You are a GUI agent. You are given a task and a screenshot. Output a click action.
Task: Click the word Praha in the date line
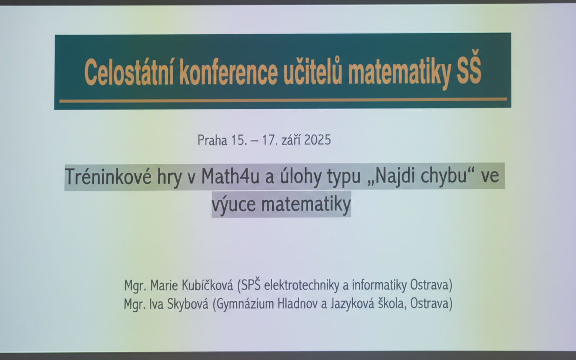[212, 140]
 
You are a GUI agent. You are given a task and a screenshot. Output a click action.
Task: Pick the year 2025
[317, 140]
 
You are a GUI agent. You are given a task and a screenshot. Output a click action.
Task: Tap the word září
[290, 140]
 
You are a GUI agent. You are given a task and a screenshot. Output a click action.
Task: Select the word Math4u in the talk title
[230, 176]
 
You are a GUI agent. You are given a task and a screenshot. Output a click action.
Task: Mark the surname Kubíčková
[210, 285]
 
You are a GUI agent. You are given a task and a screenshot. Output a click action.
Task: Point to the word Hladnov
[300, 304]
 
